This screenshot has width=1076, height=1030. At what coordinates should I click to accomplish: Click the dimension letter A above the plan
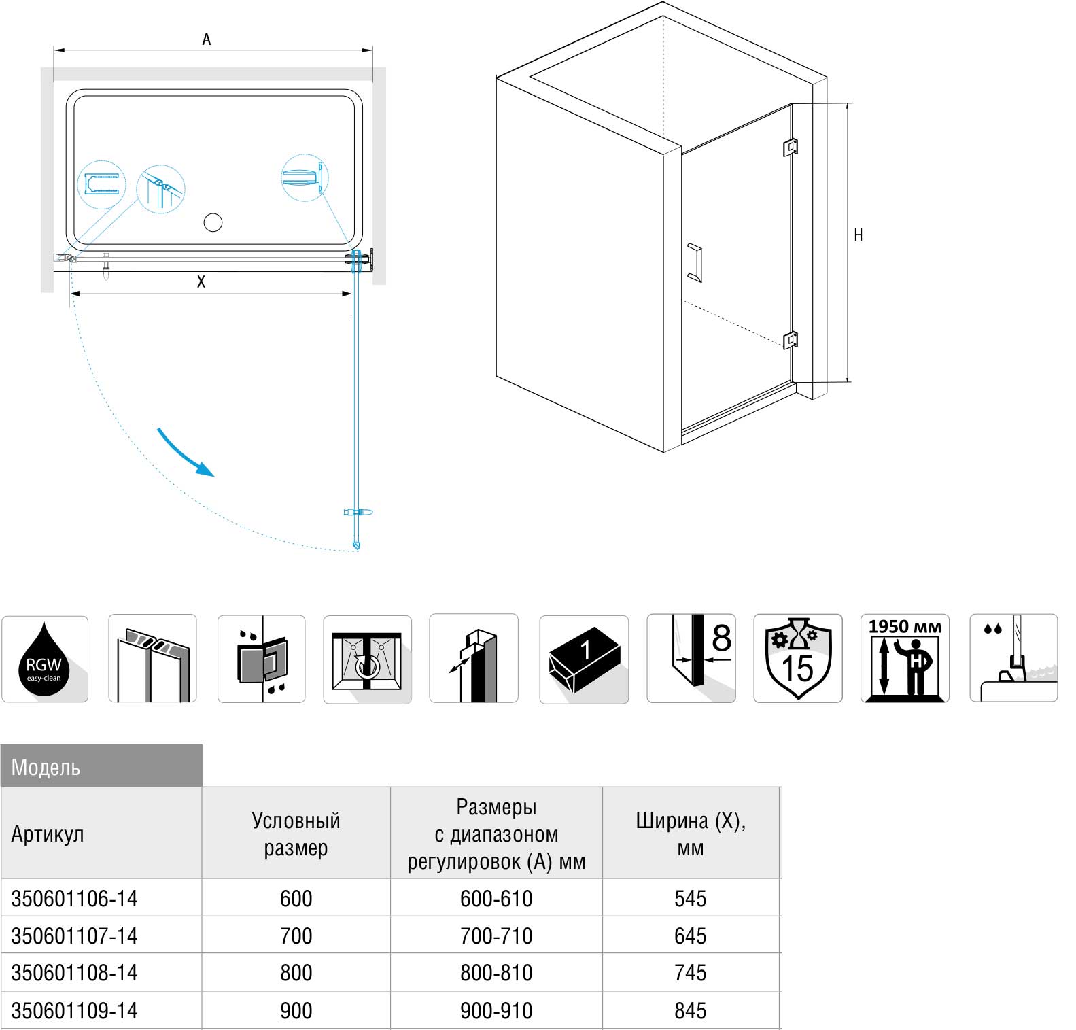tap(207, 39)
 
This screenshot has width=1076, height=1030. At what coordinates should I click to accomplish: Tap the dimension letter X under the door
tap(201, 282)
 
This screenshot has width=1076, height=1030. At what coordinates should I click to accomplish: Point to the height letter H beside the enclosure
tap(858, 235)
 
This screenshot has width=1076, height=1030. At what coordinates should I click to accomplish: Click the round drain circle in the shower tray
tap(213, 222)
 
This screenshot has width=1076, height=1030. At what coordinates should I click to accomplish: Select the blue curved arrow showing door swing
tap(185, 452)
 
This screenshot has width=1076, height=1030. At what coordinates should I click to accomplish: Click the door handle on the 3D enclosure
tap(695, 262)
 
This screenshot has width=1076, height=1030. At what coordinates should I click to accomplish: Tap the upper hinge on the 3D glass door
tap(790, 147)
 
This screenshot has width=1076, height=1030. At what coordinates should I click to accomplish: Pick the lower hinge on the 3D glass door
tap(790, 339)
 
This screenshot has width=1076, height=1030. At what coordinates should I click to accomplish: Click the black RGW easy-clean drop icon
tap(44, 659)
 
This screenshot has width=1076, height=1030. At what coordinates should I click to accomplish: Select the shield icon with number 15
tap(797, 658)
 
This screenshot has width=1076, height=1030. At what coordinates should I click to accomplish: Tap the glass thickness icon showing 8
tap(691, 658)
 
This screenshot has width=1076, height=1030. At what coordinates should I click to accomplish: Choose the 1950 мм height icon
tap(905, 658)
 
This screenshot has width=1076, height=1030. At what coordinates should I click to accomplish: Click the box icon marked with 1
tap(584, 659)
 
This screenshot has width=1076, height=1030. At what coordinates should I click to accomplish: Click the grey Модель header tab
tap(101, 766)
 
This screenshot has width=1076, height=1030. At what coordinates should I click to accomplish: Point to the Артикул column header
tap(48, 834)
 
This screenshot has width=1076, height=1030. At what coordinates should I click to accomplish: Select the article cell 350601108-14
tap(74, 973)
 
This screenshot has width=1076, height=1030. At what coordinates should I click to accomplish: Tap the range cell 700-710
tap(496, 936)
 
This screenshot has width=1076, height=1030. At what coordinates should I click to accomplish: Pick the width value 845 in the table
tap(691, 1011)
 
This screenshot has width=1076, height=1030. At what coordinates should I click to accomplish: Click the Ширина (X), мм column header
tap(691, 834)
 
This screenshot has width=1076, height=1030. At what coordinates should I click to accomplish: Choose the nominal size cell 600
tap(296, 899)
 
